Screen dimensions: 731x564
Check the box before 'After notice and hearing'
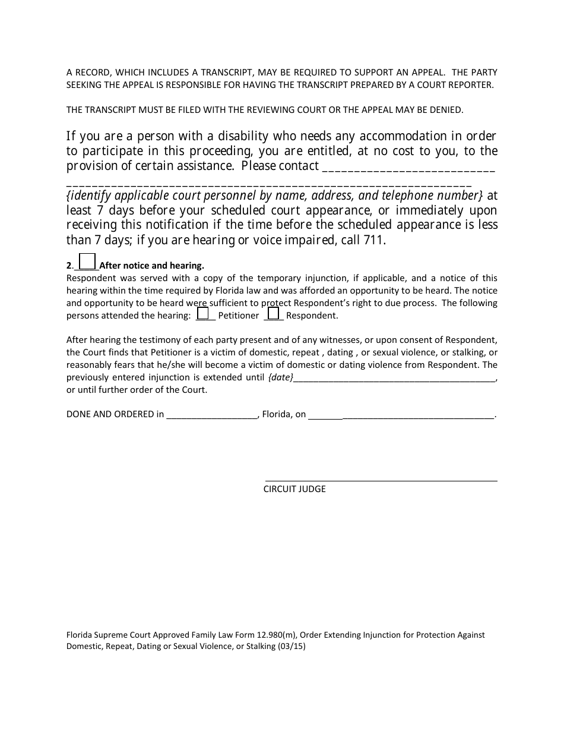click(x=87, y=261)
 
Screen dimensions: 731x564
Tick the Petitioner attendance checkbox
click(x=202, y=313)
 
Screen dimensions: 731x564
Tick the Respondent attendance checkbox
click(x=273, y=313)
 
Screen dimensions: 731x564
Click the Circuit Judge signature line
click(x=381, y=480)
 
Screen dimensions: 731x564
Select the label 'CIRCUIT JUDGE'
click(x=294, y=489)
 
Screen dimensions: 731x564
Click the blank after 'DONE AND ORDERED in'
click(x=211, y=415)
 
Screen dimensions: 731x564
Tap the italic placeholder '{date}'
click(x=281, y=377)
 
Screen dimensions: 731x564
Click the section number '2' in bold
click(x=69, y=266)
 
